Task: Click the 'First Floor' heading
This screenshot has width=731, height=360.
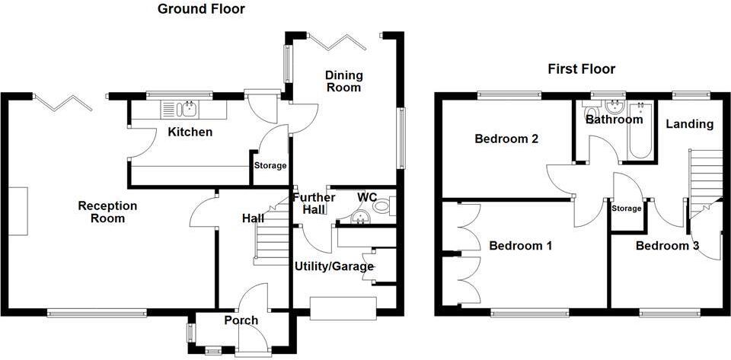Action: tap(582, 69)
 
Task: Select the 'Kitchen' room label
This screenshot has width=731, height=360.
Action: tap(190, 132)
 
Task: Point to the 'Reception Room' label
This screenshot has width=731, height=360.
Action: tap(107, 212)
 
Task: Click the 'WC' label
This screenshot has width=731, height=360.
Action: tap(368, 198)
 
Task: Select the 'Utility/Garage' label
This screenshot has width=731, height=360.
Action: tap(334, 266)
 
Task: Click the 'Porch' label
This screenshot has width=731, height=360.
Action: tap(241, 320)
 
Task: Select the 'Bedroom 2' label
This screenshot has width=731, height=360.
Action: tap(506, 139)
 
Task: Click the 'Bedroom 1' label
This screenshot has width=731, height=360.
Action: tap(521, 246)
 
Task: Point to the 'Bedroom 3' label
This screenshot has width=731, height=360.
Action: tap(667, 246)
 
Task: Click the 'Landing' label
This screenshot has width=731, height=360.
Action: tap(690, 123)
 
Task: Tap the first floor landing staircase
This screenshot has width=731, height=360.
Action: tap(705, 175)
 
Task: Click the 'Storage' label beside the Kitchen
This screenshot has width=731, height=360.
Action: tap(270, 166)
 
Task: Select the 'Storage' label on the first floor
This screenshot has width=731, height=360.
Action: tap(627, 209)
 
